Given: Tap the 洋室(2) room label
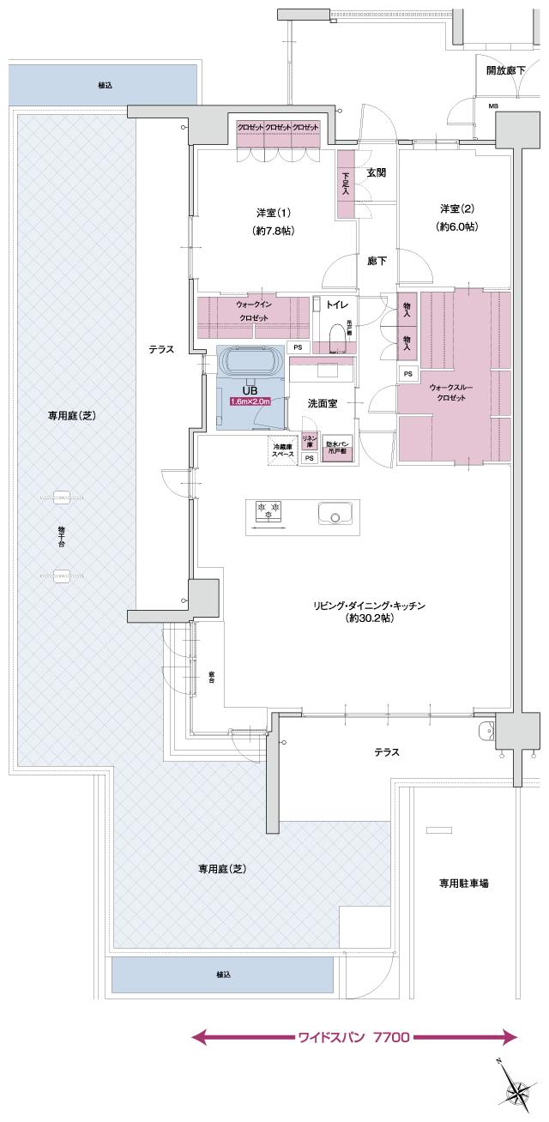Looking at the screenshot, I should (457, 208).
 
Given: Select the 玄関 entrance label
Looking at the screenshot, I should (376, 172).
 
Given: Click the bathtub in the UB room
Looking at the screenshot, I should (251, 362).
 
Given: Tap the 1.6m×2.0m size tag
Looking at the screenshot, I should (250, 401).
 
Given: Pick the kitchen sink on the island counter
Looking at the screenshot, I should (335, 515).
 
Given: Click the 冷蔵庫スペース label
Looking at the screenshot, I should (284, 450).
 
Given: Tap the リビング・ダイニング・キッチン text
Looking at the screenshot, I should (369, 606).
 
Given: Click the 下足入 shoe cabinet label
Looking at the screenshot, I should (345, 184).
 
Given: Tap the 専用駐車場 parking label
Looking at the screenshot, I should (464, 882).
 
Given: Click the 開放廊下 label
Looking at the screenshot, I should (505, 69).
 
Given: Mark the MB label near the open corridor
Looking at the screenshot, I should (493, 106).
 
